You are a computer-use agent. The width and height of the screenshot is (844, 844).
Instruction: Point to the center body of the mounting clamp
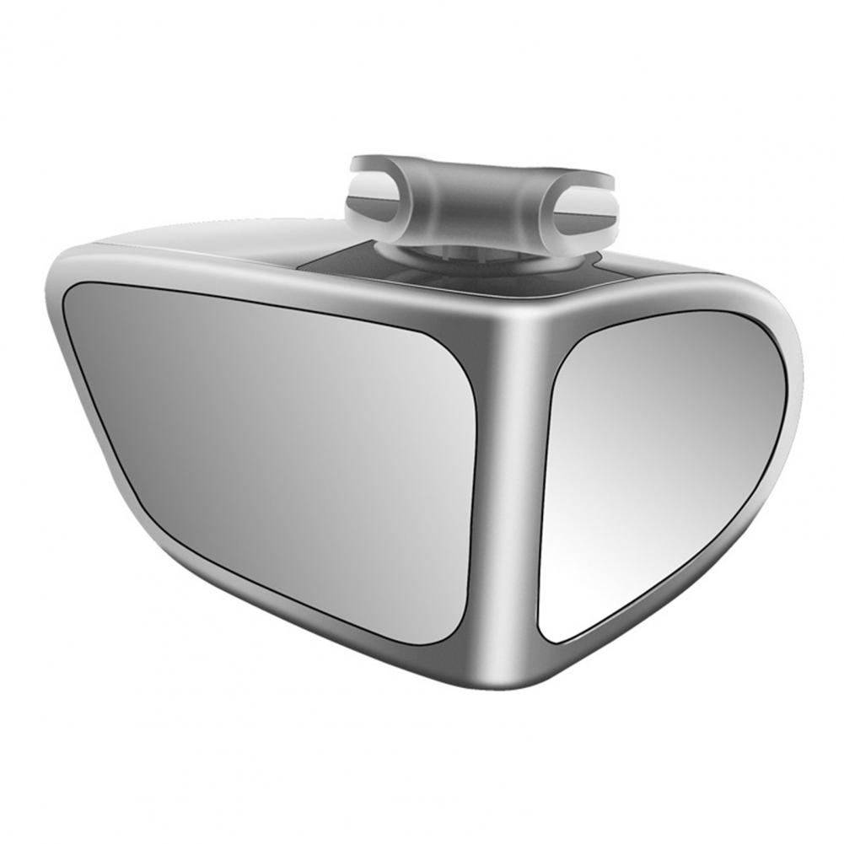click(x=481, y=198)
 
